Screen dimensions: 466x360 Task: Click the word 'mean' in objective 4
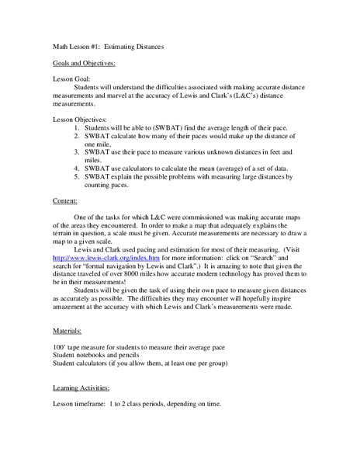(x=208, y=167)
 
